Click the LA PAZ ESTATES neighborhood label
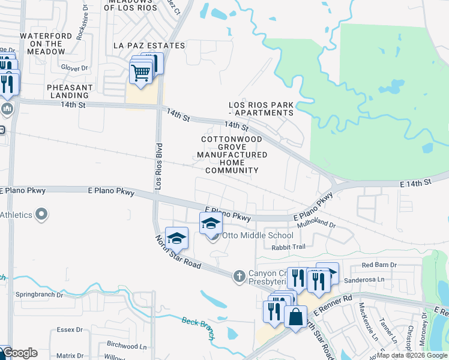149,46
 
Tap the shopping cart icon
140,74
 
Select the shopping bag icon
296,316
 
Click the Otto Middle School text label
258,235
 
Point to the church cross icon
239,275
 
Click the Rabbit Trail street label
288,247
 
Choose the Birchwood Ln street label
126,346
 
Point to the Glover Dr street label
74,68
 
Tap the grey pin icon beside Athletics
41,214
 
